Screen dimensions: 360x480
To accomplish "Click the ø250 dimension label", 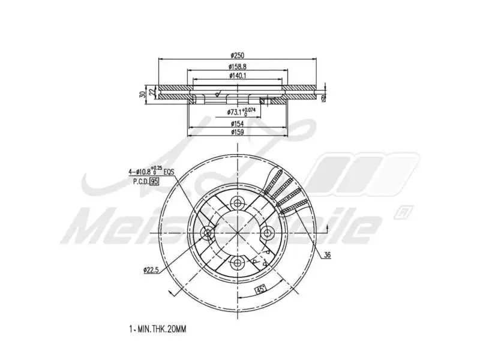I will [x=238, y=56].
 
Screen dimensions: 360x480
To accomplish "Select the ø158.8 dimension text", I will [x=238, y=67].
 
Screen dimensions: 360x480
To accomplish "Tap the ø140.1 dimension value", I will [x=238, y=76].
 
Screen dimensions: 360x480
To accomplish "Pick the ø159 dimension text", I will [x=238, y=132].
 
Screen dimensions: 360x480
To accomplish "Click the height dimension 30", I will [x=142, y=94].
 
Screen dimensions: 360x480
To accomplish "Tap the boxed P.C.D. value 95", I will [x=154, y=182].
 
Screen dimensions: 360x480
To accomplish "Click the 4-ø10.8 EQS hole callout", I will [x=151, y=172].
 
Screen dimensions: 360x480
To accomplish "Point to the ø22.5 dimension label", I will [x=151, y=271].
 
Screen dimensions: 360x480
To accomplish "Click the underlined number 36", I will [x=327, y=256].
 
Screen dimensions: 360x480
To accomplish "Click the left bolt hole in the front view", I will [x=208, y=232].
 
